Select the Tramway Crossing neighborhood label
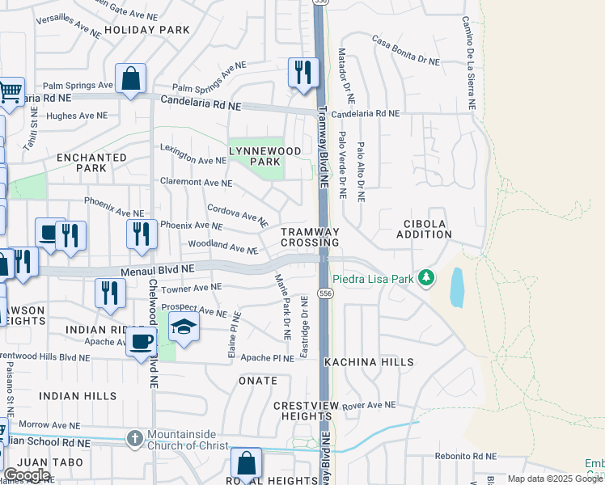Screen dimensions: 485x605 310,237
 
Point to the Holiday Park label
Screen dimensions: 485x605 158,30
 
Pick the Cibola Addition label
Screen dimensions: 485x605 424,229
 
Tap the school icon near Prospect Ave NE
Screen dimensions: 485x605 184,327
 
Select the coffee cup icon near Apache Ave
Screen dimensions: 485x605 142,341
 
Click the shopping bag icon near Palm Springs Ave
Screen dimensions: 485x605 130,78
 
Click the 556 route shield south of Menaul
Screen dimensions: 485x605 324,293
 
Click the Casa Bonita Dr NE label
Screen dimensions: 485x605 405,49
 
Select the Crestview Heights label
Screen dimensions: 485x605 302,410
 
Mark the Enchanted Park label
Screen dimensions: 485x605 91,162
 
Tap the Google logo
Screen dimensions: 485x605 27,475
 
